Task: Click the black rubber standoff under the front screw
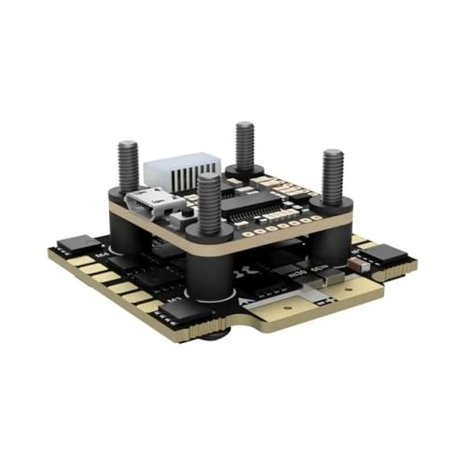point(210,266)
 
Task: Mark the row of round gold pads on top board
point(275,225)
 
